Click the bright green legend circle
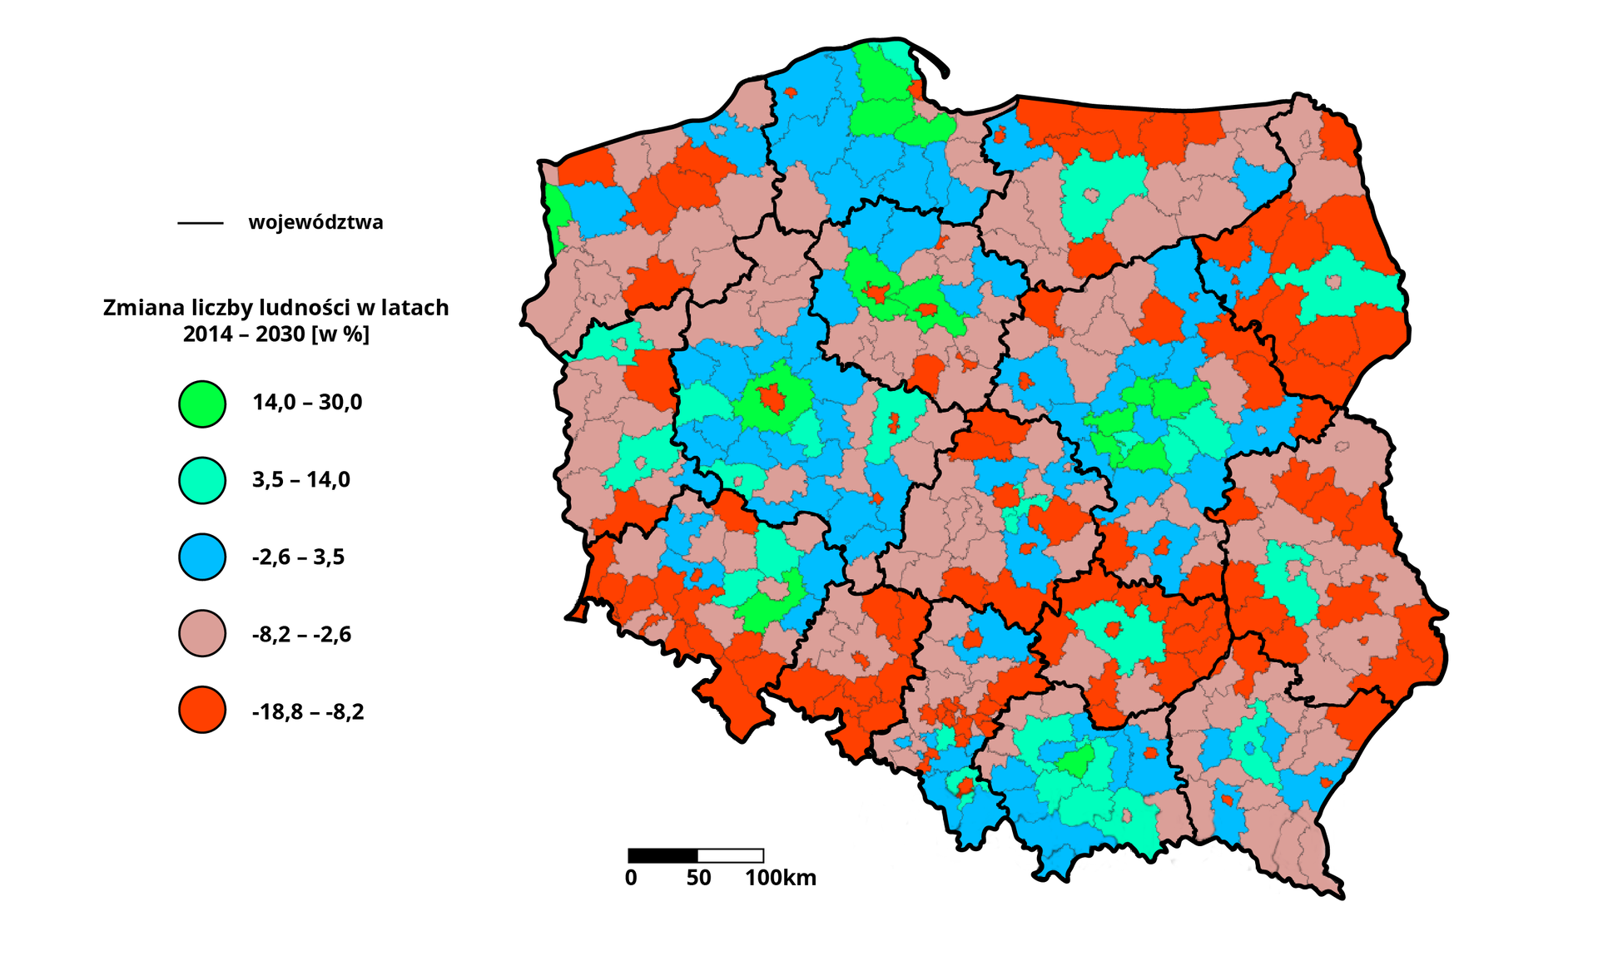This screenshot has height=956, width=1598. click(x=202, y=404)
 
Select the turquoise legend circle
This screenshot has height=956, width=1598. click(x=202, y=480)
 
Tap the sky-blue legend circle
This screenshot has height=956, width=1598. click(x=202, y=557)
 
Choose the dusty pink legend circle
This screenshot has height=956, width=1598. click(x=202, y=633)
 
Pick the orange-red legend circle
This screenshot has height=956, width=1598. click(x=202, y=710)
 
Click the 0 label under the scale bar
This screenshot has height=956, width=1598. click(x=631, y=878)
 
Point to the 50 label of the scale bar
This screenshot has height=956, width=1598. click(x=698, y=878)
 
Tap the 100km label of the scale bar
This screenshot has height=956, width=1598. click(x=780, y=878)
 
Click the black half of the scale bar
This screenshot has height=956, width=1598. click(x=663, y=855)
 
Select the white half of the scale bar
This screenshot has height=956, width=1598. click(x=730, y=855)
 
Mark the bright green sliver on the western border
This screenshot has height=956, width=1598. click(x=555, y=212)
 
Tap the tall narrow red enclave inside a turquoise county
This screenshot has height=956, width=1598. click(x=894, y=423)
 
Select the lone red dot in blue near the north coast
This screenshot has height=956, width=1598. click(x=790, y=92)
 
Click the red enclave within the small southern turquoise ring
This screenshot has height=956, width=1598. click(x=965, y=784)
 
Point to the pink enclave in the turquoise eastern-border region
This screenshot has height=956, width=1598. click(x=1333, y=283)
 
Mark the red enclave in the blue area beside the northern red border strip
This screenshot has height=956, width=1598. click(x=1000, y=135)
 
